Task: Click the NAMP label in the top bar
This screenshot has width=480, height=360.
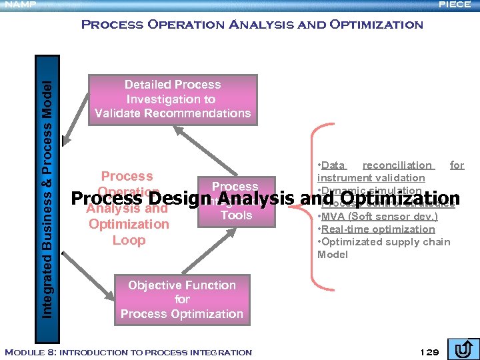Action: tap(18, 5)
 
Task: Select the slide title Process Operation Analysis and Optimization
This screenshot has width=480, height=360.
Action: tap(251, 25)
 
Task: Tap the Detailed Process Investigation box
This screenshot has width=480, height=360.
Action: tap(173, 99)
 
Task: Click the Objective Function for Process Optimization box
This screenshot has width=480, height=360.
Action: tap(182, 299)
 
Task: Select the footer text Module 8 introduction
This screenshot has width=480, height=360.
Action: tap(128, 352)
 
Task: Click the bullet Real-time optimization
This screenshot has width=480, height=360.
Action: tap(378, 229)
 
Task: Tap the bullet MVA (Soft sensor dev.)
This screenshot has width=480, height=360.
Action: tap(379, 217)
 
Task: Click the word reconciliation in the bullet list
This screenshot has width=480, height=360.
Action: tap(397, 165)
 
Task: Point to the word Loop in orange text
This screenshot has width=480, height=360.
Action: tap(129, 240)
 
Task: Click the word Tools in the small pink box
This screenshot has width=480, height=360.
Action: tap(236, 215)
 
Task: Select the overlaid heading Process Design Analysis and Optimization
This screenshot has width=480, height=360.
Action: tap(265, 199)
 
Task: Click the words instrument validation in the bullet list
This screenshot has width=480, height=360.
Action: tap(371, 178)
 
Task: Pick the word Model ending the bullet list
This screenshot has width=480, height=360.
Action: tap(333, 255)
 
